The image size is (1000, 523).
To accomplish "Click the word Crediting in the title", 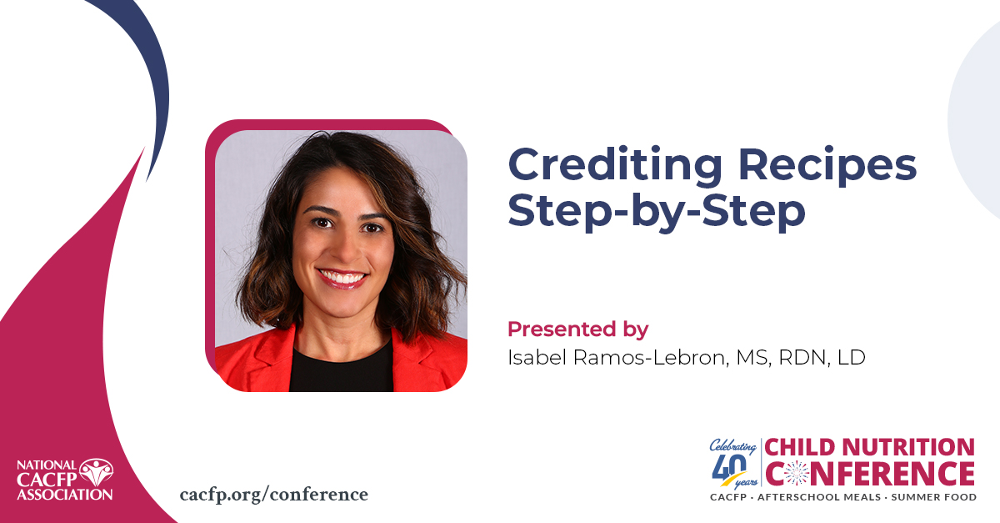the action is pos(615,166).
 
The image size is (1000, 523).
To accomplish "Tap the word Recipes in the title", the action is pos(827,166).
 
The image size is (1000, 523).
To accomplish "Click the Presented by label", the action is pos(577,329).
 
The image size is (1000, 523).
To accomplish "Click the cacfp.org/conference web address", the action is pos(274,495).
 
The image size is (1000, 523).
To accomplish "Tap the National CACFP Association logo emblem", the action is pos(96,472).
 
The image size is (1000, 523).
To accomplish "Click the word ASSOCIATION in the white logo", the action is pos(65,495).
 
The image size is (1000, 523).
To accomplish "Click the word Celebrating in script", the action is pos(733,446).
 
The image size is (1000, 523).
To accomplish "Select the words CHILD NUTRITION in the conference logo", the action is pos(870,447).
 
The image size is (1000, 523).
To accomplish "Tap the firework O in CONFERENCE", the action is pos(797,474).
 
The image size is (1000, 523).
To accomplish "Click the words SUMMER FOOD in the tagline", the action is pos(934,497).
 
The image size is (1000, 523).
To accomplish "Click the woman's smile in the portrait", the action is pos(342,278).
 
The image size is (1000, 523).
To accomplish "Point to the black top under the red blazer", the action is pos(342,368).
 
